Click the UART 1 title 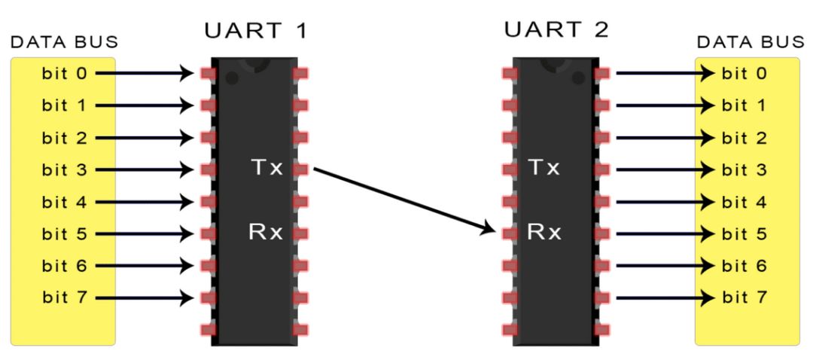pyautogui.click(x=256, y=32)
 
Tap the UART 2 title pyautogui.click(x=556, y=32)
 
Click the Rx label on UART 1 pyautogui.click(x=266, y=233)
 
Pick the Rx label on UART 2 pyautogui.click(x=544, y=233)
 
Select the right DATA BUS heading pyautogui.click(x=750, y=43)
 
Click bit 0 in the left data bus pyautogui.click(x=63, y=74)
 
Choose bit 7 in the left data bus pyautogui.click(x=63, y=297)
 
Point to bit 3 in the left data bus pyautogui.click(x=63, y=169)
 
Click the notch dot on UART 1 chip pyautogui.click(x=233, y=78)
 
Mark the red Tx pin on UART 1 pyautogui.click(x=302, y=169)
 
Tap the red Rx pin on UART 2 pyautogui.click(x=510, y=233)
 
